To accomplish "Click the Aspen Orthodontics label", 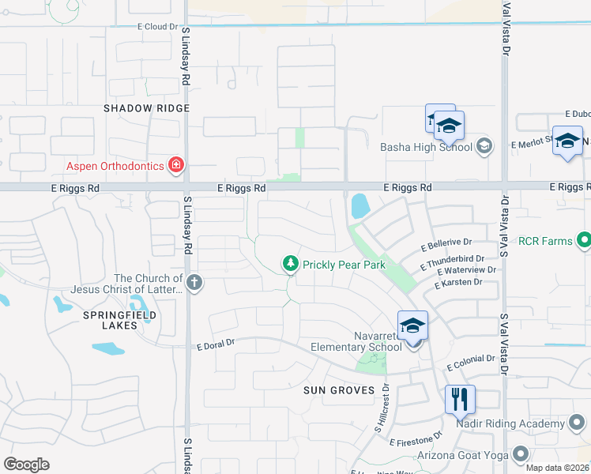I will pos(113,165).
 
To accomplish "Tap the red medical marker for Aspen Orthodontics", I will pos(175,165).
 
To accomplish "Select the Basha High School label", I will pos(426,146).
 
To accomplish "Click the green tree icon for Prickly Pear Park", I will pos(291,264).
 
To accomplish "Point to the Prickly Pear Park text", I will pos(344,265).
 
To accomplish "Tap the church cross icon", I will pos(194,281).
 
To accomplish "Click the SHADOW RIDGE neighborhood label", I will pos(147,107).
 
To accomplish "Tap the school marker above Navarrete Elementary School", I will pos(412,324).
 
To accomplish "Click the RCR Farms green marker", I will pos(584,239).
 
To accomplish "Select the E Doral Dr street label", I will pos(216,344).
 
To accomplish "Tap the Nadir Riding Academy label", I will pos(510,424).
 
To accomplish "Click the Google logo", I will pos(26,465).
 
